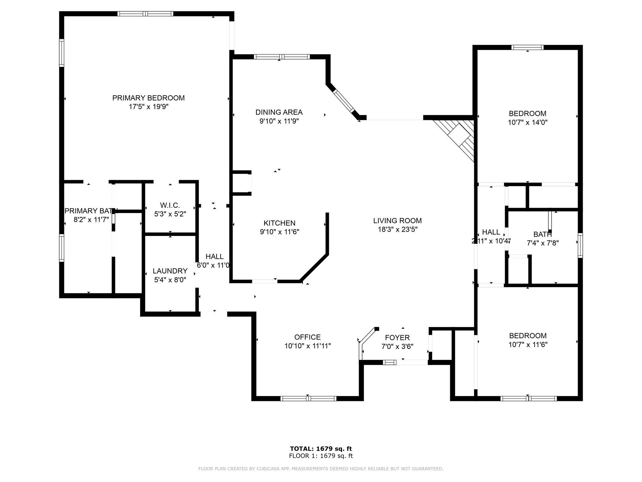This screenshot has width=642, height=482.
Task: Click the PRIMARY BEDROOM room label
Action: (x=148, y=98)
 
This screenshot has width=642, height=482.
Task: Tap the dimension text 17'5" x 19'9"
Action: (x=148, y=107)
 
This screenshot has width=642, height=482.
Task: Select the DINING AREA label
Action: (x=279, y=112)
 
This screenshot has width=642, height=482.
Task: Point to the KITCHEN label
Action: (x=279, y=223)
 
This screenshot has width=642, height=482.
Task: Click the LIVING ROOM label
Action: (x=397, y=221)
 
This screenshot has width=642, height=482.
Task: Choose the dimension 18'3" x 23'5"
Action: (x=397, y=229)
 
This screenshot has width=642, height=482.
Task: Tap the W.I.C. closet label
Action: (x=170, y=206)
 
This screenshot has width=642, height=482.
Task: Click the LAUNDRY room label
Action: (x=170, y=271)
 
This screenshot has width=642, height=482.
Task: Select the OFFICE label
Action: (x=307, y=337)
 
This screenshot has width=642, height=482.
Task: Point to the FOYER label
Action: (x=397, y=338)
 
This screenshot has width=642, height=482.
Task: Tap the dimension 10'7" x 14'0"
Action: (x=528, y=122)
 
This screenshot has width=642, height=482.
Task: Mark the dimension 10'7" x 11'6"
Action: (x=528, y=345)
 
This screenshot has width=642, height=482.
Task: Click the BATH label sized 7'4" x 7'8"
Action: (x=542, y=234)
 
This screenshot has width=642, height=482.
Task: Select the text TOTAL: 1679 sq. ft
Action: (x=321, y=449)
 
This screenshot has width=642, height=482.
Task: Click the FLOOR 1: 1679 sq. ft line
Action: (x=321, y=456)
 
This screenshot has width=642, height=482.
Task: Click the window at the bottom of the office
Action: (x=308, y=399)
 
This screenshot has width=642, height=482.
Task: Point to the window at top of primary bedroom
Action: (x=145, y=13)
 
